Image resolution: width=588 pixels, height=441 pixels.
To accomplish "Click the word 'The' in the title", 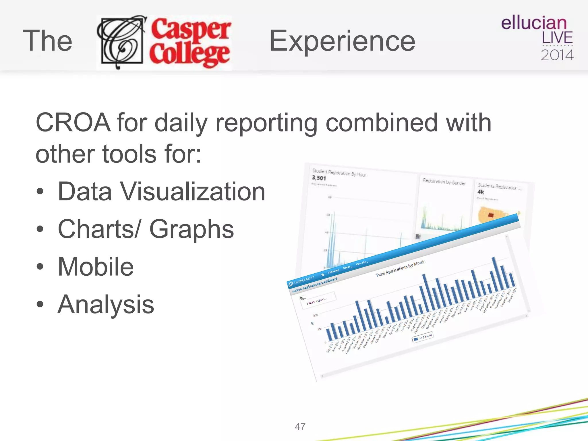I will pos(47,41).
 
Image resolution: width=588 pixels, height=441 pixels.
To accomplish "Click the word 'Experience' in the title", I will pos(342,41).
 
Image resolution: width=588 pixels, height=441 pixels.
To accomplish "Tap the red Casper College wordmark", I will pos(190,42).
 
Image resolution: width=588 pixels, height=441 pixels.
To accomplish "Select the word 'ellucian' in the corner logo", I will pos(534,23).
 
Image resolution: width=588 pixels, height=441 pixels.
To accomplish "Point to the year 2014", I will pos(557,55).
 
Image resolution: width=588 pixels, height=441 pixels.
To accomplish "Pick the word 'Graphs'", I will pos(192,229).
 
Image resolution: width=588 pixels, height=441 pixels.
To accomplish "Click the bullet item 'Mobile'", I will pos(96,267).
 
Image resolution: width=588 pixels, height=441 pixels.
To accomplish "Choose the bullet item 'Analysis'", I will pos(106,304).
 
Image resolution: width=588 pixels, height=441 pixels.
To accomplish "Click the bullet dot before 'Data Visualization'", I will pos(40,192).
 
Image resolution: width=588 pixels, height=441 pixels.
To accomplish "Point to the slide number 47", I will pos(300,427).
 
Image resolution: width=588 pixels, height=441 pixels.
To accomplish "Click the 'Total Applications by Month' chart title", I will pos(401,268).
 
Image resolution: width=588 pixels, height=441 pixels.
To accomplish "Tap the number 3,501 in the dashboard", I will pos(319,178).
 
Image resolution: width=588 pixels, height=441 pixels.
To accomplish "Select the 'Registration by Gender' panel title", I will pos(444,181).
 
